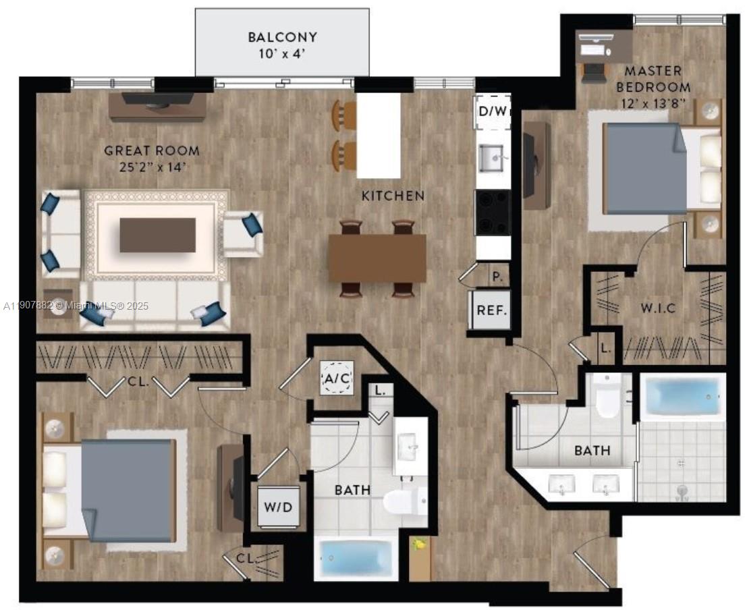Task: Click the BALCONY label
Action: pyautogui.click(x=282, y=36)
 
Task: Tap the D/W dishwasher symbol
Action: pyautogui.click(x=493, y=111)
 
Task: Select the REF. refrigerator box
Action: pyautogui.click(x=492, y=310)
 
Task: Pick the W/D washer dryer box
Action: pyautogui.click(x=278, y=507)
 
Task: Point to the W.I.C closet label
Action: pyautogui.click(x=658, y=308)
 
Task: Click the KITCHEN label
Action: pyautogui.click(x=393, y=196)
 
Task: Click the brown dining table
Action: pyautogui.click(x=377, y=258)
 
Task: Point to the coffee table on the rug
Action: pyautogui.click(x=158, y=235)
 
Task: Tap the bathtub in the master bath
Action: pyautogui.click(x=682, y=397)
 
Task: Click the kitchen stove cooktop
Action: pyautogui.click(x=492, y=213)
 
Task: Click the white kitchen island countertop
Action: pyautogui.click(x=379, y=135)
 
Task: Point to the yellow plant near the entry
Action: pyautogui.click(x=419, y=545)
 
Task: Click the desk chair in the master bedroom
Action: pyautogui.click(x=594, y=72)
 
